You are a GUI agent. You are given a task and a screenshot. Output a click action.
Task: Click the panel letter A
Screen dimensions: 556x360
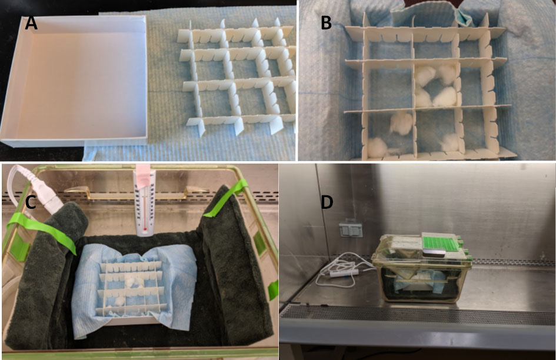(31, 23)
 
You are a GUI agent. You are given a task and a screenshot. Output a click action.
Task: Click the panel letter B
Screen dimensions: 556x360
(326, 23)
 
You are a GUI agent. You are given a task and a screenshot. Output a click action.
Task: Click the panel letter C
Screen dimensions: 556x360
(31, 202)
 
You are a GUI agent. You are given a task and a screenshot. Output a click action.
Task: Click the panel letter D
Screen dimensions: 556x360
(327, 202)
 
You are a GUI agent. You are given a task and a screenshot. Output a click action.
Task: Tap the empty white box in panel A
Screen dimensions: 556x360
(75, 80)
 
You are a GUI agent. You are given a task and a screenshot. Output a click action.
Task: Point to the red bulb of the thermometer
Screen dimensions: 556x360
(145, 230)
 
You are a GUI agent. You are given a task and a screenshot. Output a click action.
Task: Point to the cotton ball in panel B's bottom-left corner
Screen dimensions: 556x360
(377, 147)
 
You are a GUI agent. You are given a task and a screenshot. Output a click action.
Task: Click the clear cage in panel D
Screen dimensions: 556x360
(422, 268)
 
